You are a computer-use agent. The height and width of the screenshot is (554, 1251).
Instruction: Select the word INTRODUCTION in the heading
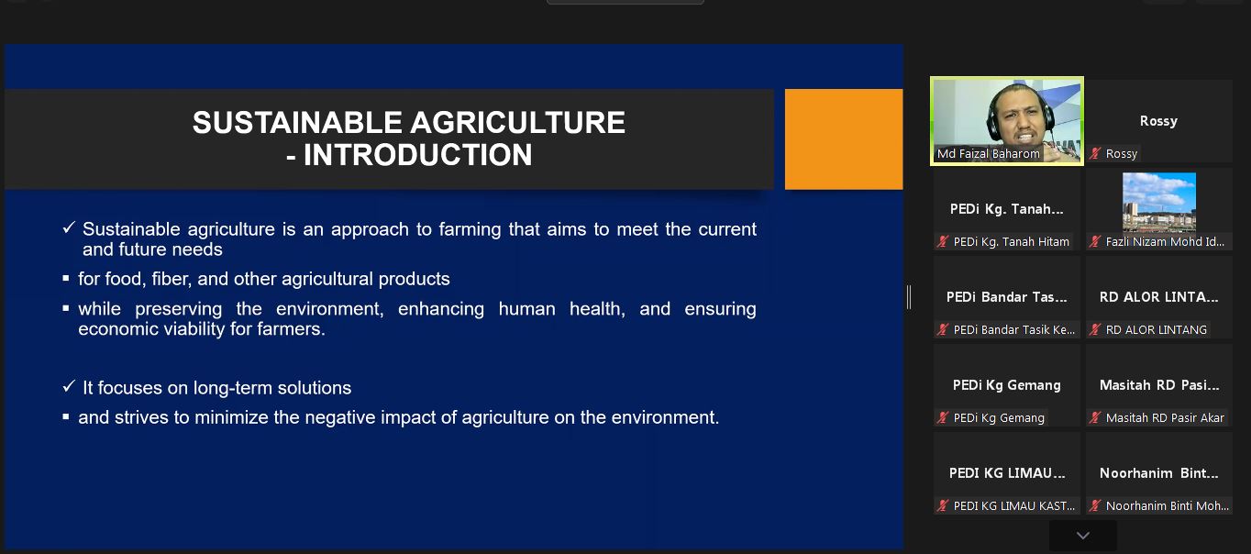click(x=417, y=155)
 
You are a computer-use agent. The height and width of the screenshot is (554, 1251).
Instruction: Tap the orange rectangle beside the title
click(x=843, y=139)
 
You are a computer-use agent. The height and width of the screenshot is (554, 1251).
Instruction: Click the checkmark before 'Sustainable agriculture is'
click(x=69, y=227)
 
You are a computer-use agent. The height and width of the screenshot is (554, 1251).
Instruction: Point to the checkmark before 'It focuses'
click(x=69, y=386)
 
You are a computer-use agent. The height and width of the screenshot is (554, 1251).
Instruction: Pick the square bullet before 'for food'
click(x=66, y=278)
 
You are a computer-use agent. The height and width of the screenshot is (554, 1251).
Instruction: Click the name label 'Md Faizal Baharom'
click(x=988, y=153)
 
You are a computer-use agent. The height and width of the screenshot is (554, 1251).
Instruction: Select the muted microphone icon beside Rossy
click(x=1096, y=153)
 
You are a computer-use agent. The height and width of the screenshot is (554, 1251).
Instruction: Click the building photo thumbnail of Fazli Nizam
click(x=1159, y=202)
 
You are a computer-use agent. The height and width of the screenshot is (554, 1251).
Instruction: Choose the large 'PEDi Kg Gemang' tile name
click(x=1006, y=385)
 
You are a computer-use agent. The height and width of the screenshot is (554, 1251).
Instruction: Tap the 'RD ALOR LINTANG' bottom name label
click(x=1156, y=330)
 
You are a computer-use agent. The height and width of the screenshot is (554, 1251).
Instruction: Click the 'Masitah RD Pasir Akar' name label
click(x=1165, y=417)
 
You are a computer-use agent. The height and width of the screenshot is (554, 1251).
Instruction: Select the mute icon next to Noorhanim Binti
click(x=1096, y=506)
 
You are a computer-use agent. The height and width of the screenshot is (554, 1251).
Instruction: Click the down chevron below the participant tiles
click(x=1083, y=536)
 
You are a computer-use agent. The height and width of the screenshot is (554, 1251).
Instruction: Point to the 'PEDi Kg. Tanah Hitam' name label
click(x=1011, y=242)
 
